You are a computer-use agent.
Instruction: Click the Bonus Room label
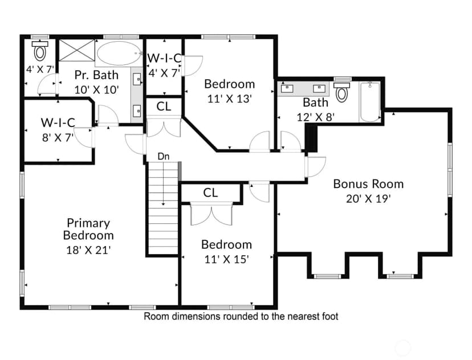[x=368, y=184]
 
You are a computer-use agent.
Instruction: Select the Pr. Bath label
[x=96, y=75]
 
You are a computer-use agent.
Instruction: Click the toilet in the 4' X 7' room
[x=40, y=51]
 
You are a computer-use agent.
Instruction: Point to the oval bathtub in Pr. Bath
[x=119, y=53]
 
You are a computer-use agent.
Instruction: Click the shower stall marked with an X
[x=76, y=50]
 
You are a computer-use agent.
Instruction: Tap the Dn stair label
[x=164, y=157]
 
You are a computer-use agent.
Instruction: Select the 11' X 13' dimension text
[x=229, y=99]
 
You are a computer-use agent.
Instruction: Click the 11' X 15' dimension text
[x=226, y=259]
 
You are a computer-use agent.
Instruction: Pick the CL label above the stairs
[x=164, y=106]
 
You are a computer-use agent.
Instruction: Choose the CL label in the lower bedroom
[x=210, y=193]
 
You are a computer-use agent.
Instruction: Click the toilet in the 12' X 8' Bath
[x=341, y=92]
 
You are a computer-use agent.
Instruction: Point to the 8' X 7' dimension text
[x=58, y=137]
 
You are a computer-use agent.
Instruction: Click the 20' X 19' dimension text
[x=368, y=199]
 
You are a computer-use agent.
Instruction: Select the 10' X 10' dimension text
[x=97, y=89]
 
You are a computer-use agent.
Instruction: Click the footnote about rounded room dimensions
[x=241, y=316]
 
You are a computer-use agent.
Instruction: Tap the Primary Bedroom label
[x=88, y=229]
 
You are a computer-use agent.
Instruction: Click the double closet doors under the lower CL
[x=211, y=215]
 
